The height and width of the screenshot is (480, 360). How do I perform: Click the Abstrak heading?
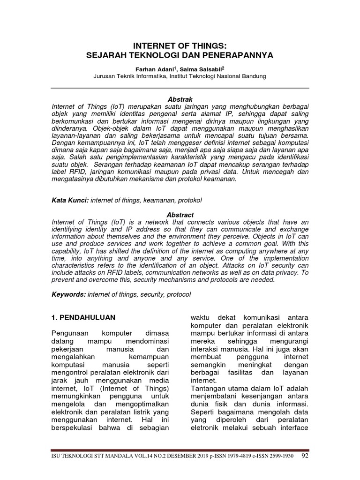tap(180, 99)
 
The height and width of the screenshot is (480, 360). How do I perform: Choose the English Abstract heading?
tap(180, 215)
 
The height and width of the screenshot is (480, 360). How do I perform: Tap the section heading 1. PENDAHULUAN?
tap(83, 317)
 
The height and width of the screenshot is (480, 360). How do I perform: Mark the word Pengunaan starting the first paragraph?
tap(69, 333)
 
